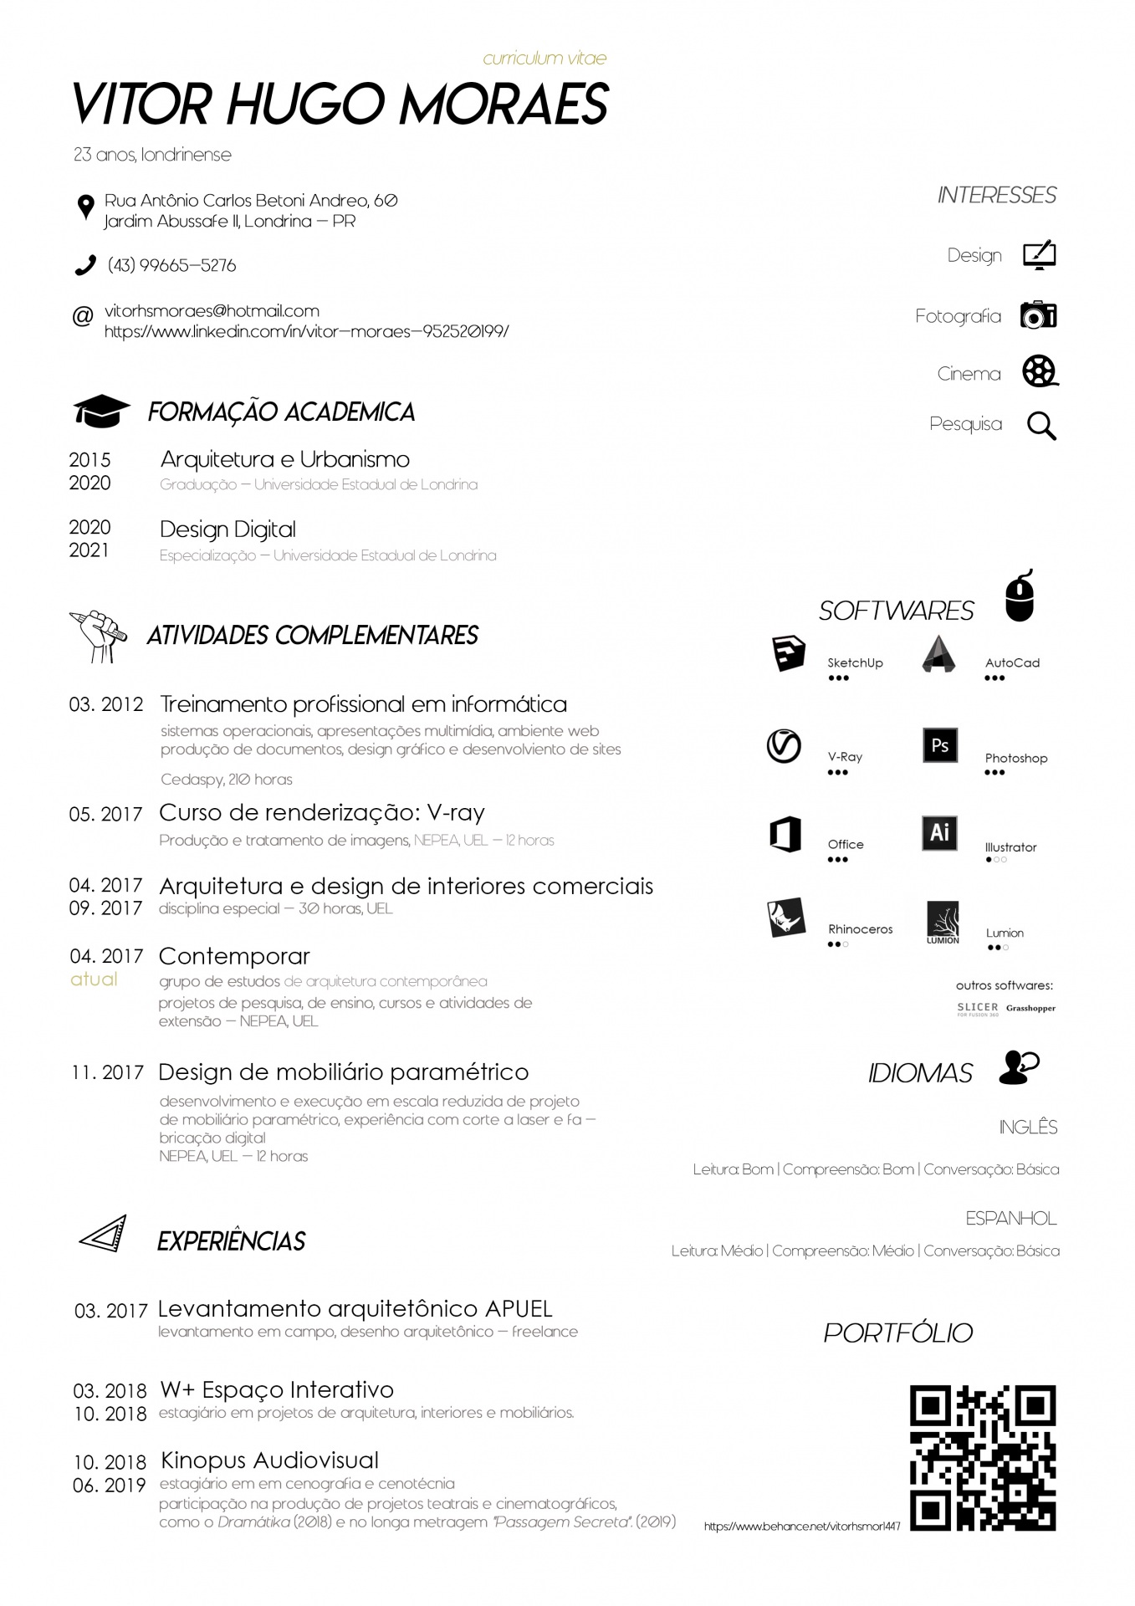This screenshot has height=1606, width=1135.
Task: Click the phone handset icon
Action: point(85,265)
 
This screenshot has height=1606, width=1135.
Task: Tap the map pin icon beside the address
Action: point(84,207)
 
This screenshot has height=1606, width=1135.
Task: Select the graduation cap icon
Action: point(101,411)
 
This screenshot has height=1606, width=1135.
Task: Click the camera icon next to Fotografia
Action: point(1039,315)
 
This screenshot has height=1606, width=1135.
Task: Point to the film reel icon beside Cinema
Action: point(1040,371)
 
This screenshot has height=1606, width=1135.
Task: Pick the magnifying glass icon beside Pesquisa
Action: point(1041,426)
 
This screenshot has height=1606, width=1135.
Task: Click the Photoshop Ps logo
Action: point(939,745)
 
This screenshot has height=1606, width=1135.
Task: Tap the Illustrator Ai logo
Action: point(939,833)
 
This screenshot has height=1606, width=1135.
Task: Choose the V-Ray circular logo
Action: point(784,746)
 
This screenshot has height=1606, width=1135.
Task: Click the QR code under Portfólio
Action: point(983,1458)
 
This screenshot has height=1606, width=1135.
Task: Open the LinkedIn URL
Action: point(306,331)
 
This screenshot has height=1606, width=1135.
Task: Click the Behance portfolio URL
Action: point(802,1527)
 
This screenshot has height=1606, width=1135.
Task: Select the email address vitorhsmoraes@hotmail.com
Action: point(212,311)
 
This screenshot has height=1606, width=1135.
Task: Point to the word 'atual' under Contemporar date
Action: point(94,979)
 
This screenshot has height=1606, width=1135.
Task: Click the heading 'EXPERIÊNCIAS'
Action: point(231,1241)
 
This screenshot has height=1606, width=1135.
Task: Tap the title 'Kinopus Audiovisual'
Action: point(269,1460)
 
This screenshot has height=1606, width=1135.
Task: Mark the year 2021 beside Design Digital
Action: point(89,550)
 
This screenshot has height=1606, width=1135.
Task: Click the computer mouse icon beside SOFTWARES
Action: point(1020,596)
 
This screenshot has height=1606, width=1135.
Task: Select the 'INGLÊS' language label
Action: point(1028,1128)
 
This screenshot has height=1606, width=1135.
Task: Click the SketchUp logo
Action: point(788,654)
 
